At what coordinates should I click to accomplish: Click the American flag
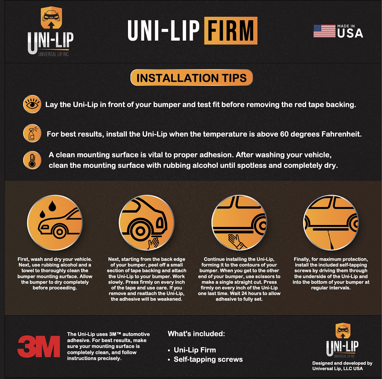click(x=324, y=31)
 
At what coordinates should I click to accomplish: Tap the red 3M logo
click(x=39, y=346)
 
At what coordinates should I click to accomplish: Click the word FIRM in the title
click(x=231, y=31)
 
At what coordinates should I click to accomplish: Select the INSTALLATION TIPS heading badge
click(x=192, y=78)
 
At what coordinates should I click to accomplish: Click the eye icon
click(x=32, y=104)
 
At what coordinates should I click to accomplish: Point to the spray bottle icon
click(x=32, y=134)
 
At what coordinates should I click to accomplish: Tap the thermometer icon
click(x=32, y=160)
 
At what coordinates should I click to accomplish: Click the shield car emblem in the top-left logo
click(x=51, y=18)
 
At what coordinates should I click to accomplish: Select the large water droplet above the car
click(x=52, y=206)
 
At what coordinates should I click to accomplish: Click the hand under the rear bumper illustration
click(x=153, y=243)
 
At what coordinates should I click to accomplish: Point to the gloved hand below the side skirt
click(x=236, y=241)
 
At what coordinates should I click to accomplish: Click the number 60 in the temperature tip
click(x=284, y=134)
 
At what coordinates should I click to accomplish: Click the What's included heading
click(x=196, y=333)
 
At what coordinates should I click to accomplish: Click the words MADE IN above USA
click(x=346, y=26)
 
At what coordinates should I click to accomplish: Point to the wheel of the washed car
click(x=60, y=232)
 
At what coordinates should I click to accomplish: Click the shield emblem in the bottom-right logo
click(x=343, y=331)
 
